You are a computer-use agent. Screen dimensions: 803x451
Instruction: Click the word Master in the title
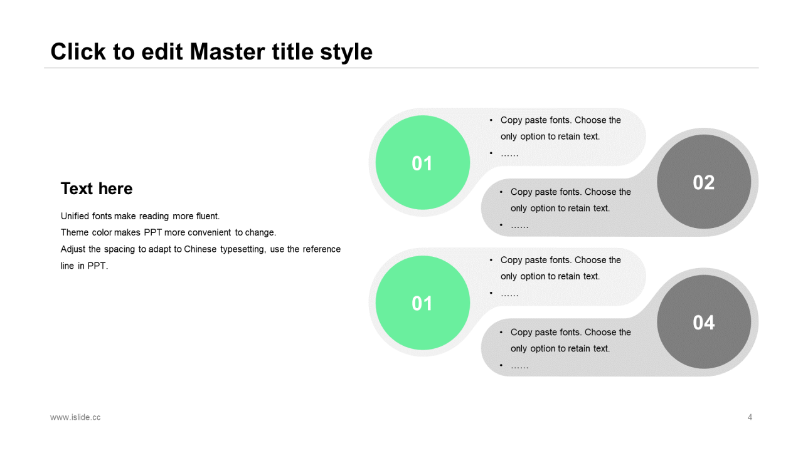pyautogui.click(x=227, y=51)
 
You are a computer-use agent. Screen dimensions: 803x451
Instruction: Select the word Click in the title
pyautogui.click(x=78, y=51)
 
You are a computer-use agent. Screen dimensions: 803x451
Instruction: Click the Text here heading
pyautogui.click(x=97, y=189)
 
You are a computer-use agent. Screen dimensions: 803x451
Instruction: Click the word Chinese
pyautogui.click(x=200, y=249)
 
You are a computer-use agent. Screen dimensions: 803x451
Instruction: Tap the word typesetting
pyautogui.click(x=243, y=250)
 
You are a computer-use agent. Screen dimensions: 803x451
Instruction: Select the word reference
pyautogui.click(x=322, y=249)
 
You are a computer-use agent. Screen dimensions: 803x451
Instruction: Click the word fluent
pyautogui.click(x=208, y=216)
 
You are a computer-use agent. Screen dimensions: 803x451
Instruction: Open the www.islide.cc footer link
pyautogui.click(x=75, y=417)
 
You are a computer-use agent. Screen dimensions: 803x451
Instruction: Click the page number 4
pyautogui.click(x=750, y=417)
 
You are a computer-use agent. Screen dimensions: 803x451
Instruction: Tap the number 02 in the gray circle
pyautogui.click(x=704, y=182)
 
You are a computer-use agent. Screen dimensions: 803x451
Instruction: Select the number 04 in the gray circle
pyautogui.click(x=704, y=323)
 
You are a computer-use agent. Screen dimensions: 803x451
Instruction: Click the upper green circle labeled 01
pyautogui.click(x=423, y=162)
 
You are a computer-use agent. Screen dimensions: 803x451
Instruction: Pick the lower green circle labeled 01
pyautogui.click(x=423, y=303)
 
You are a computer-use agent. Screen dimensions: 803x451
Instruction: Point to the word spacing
pyautogui.click(x=119, y=250)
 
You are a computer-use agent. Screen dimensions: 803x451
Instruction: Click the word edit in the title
pyautogui.click(x=162, y=51)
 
